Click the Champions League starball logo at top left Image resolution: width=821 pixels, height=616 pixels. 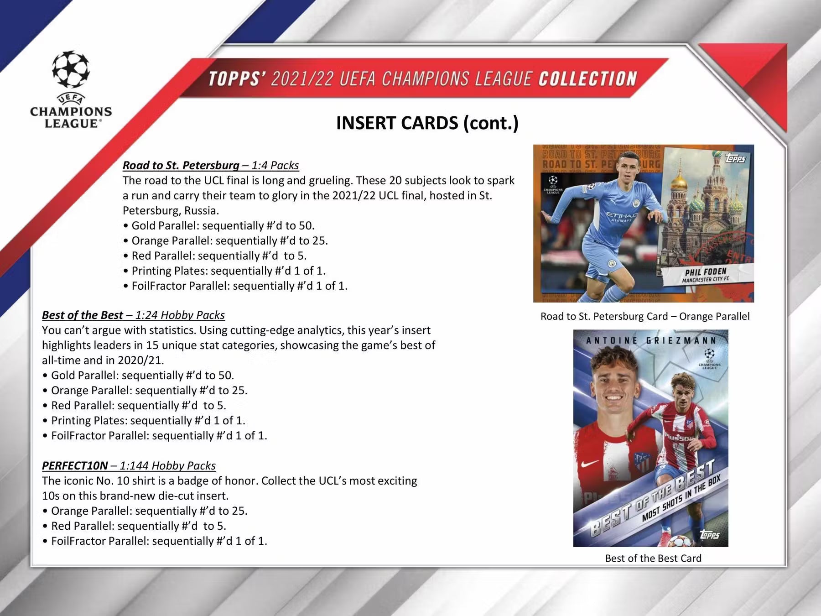tap(71, 70)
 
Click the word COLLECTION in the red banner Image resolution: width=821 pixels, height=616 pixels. tap(587, 79)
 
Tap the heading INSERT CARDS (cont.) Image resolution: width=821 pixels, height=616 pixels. tap(427, 123)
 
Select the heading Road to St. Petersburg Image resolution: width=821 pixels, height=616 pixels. tap(181, 165)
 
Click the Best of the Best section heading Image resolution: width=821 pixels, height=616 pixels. tap(82, 315)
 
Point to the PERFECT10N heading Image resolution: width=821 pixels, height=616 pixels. tap(75, 465)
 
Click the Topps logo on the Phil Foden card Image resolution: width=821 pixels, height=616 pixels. tap(735, 158)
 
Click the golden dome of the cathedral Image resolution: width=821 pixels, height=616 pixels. tap(679, 182)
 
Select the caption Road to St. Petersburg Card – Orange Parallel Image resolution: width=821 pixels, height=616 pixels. tap(644, 316)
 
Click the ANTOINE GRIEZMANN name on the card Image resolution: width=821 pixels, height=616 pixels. tap(651, 340)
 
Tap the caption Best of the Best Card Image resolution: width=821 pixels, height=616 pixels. tap(653, 558)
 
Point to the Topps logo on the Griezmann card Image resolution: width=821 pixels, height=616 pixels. tap(709, 534)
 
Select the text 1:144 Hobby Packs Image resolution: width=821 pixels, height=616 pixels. tap(167, 465)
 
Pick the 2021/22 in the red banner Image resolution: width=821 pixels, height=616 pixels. tap(301, 79)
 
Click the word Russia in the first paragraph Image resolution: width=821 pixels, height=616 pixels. tap(201, 210)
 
